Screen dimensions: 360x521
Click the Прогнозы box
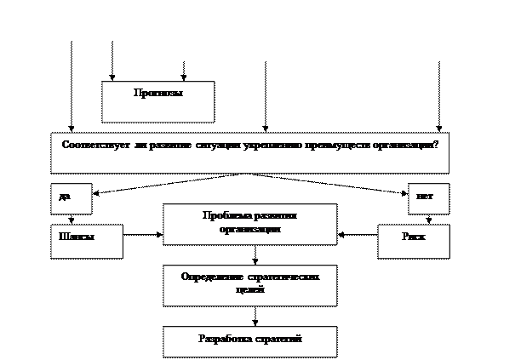[x=157, y=100]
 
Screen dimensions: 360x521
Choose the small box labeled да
[x=70, y=198]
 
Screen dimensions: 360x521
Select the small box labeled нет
[x=427, y=198]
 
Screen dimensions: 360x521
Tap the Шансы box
[x=85, y=240]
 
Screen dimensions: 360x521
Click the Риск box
[x=413, y=240]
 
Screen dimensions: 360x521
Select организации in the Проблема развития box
[x=249, y=229]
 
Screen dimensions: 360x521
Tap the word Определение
[x=212, y=277]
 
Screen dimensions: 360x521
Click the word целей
[x=249, y=290]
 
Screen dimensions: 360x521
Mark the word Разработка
[x=224, y=339]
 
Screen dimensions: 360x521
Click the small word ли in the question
[x=139, y=145]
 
